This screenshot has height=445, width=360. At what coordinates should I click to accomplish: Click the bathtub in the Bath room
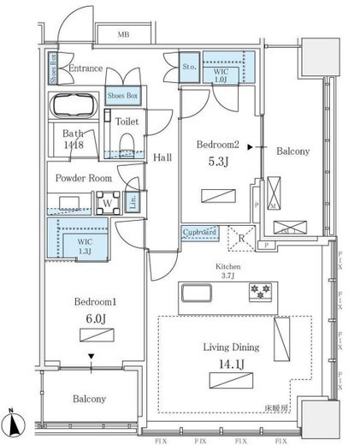[73, 109]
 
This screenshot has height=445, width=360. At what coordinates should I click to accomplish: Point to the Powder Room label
[83, 179]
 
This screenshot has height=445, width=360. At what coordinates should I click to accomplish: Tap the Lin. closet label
[133, 203]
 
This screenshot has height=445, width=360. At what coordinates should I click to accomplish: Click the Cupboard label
[198, 232]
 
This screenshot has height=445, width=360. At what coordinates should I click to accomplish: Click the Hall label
[162, 157]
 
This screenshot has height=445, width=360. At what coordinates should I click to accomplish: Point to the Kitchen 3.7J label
[227, 270]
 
